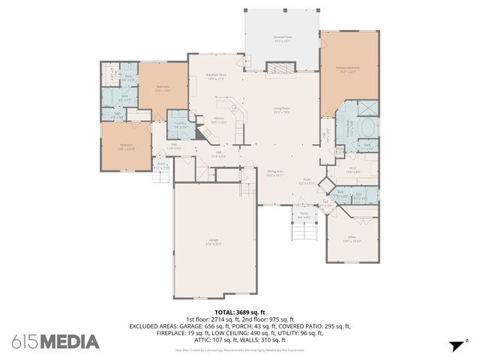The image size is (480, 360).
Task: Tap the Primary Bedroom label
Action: click(x=347, y=69)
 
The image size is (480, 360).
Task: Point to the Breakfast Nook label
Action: click(x=216, y=77)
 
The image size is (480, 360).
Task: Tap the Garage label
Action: click(x=214, y=241)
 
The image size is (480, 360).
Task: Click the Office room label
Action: click(x=352, y=240)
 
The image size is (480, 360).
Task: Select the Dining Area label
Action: click(x=275, y=173)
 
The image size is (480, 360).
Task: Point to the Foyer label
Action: click(x=307, y=181)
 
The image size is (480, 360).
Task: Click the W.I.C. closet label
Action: click(x=352, y=169)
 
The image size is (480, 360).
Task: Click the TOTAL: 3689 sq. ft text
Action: click(x=240, y=312)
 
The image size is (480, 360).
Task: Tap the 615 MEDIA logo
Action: click(x=55, y=342)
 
